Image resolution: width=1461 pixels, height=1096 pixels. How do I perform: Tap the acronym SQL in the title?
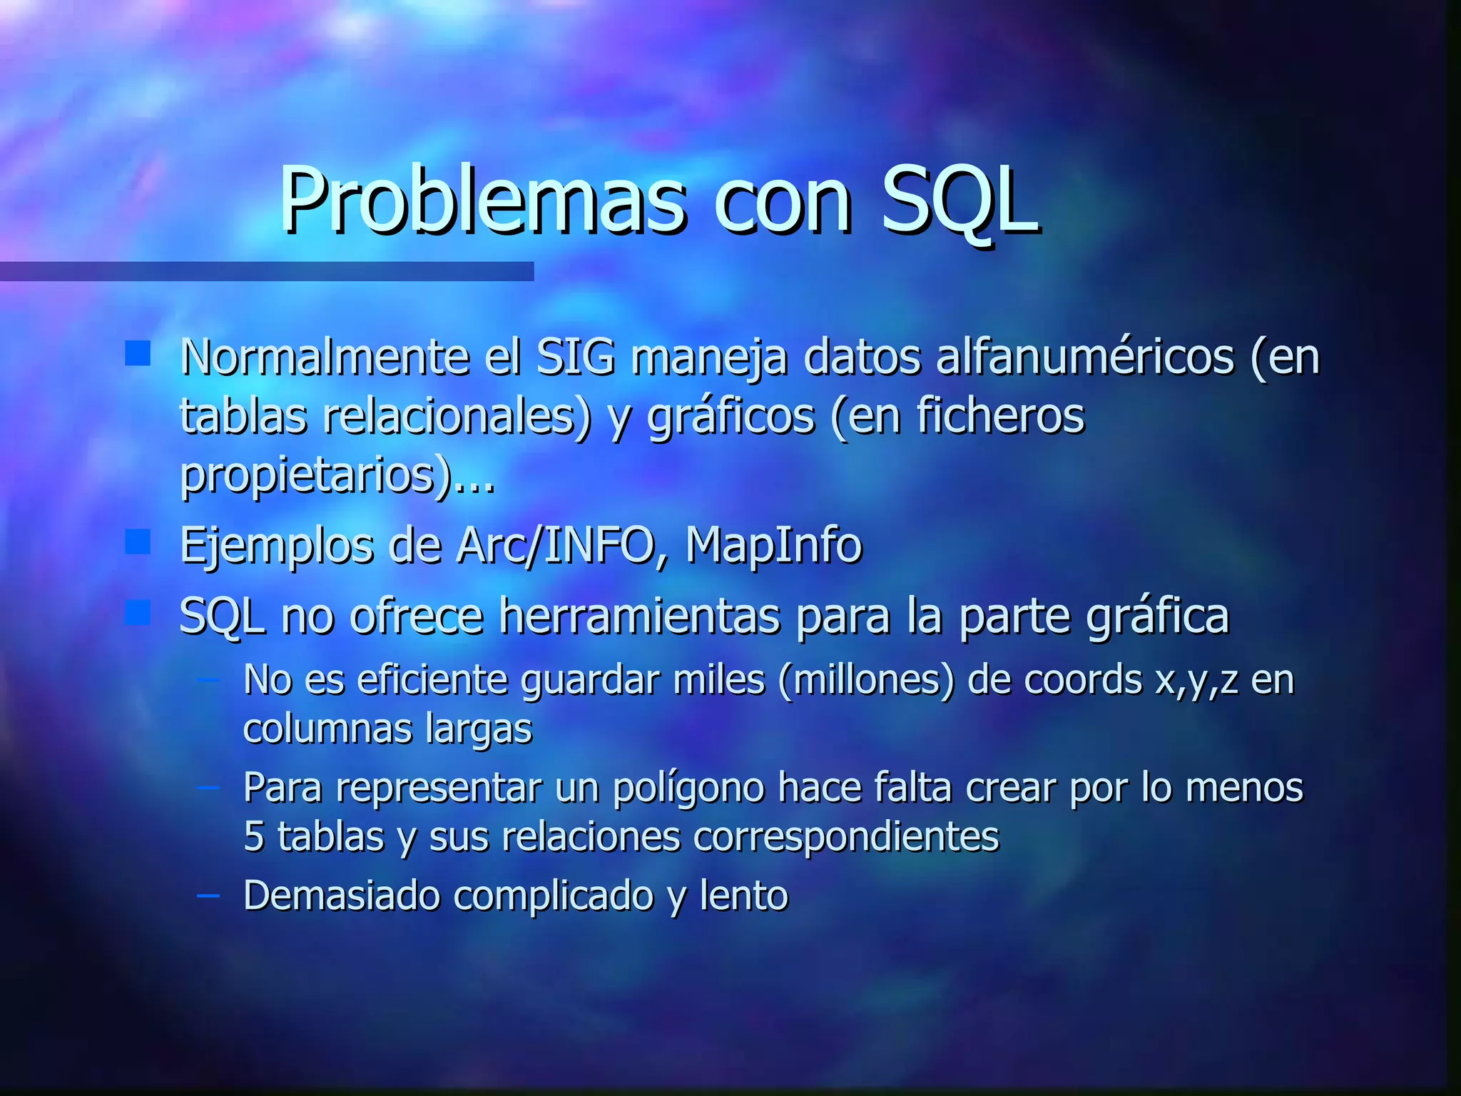coord(959,201)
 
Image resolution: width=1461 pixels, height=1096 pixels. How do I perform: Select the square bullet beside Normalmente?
coord(138,353)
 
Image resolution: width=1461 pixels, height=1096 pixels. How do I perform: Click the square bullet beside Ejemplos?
coord(138,542)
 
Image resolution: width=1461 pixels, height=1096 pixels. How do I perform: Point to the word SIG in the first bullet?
coord(575,356)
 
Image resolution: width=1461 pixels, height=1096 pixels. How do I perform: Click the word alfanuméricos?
coord(1084,356)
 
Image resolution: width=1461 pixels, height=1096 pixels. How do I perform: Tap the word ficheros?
coord(999,415)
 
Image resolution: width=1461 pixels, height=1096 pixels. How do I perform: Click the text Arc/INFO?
coord(563,546)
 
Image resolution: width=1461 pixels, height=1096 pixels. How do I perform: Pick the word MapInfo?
coord(773,546)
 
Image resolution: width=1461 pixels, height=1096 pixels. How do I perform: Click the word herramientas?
coord(639,616)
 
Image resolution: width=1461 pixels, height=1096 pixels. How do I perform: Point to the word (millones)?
coord(866,680)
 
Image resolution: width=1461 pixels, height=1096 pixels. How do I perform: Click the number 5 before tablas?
coord(254,837)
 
